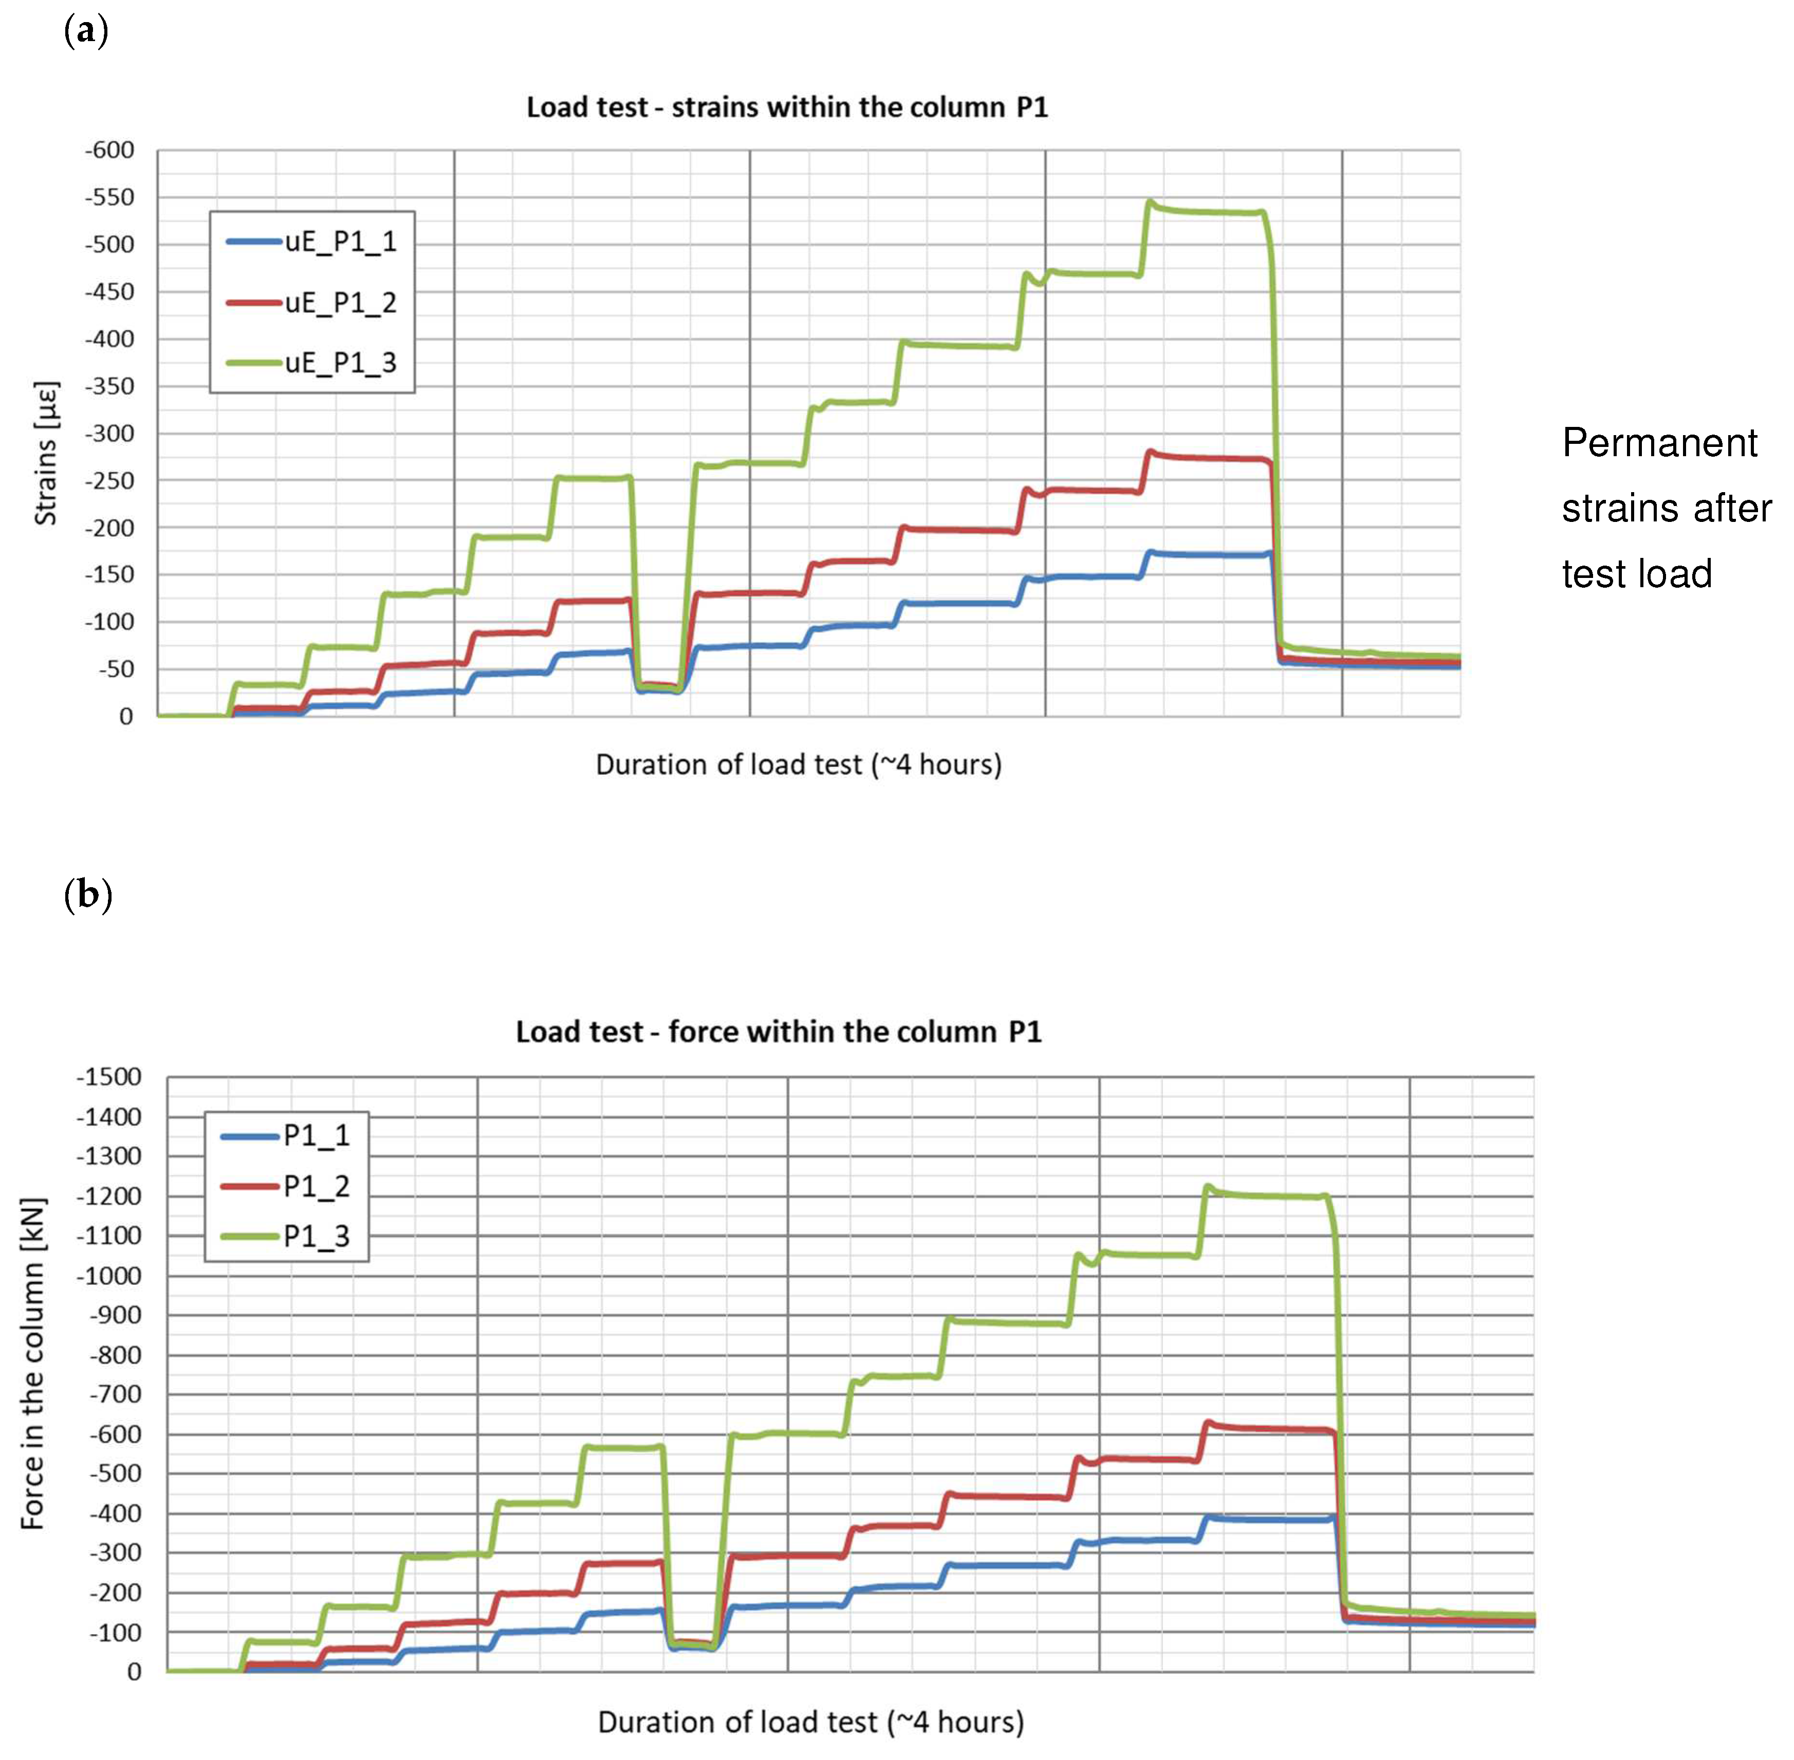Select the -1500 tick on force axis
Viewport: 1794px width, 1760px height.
(108, 1077)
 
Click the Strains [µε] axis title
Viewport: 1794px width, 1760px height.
(45, 453)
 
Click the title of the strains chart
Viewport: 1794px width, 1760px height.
(787, 107)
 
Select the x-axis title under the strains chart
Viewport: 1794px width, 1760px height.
(798, 764)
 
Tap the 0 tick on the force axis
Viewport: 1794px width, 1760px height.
(134, 1671)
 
